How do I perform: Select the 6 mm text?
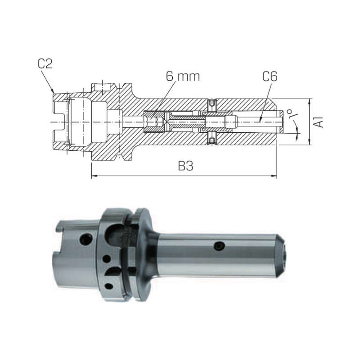click(183, 76)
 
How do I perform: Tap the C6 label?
click(270, 76)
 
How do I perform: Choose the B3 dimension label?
click(186, 166)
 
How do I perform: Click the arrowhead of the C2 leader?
click(53, 91)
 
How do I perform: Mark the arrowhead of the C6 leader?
click(260, 120)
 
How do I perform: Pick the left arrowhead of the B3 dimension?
click(94, 176)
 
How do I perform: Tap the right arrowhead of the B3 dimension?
click(274, 176)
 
